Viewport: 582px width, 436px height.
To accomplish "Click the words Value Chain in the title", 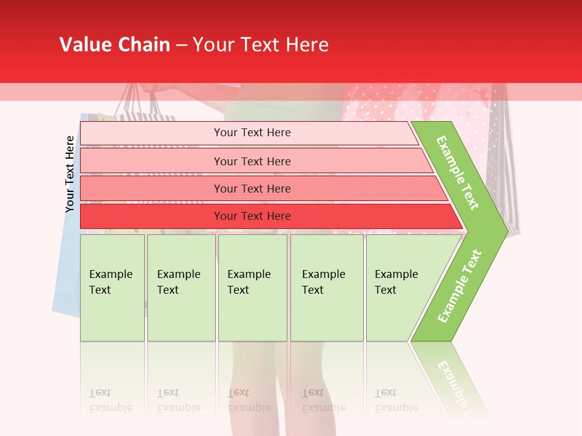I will (x=115, y=45).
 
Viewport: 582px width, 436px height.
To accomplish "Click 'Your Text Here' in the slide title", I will (x=261, y=45).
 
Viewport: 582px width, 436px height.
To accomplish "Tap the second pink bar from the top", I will (x=252, y=161).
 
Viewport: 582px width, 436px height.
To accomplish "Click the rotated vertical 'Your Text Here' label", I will (x=70, y=174).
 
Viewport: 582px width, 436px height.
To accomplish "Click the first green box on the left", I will (x=112, y=288).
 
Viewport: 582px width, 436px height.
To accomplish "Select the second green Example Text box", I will (x=181, y=288).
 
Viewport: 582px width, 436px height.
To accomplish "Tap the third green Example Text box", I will (x=252, y=288).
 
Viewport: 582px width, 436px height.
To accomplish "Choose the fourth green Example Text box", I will (x=326, y=288).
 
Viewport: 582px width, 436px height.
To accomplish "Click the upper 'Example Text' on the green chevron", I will (x=458, y=173).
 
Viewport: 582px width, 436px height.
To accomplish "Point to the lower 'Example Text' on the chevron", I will (x=460, y=286).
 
